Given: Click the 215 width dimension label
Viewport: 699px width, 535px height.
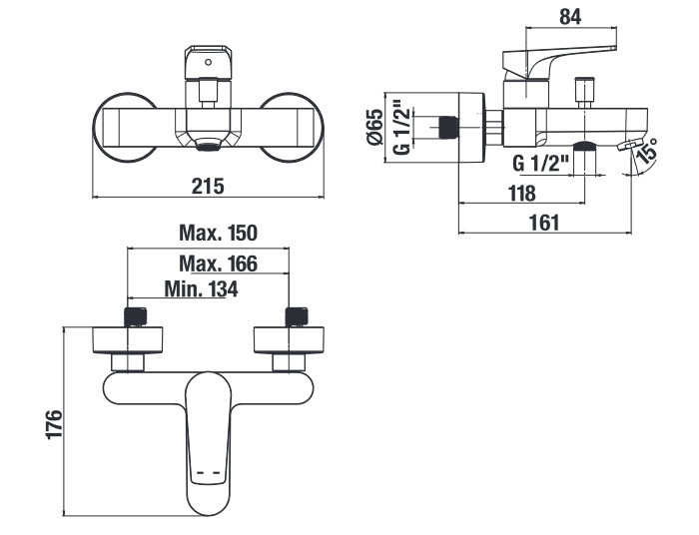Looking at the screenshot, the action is (208, 186).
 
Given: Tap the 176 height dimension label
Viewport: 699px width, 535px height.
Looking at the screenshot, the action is (54, 424).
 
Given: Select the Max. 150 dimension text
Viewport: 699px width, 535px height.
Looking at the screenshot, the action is (218, 233).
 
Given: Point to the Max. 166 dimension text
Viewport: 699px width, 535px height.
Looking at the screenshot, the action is (218, 264).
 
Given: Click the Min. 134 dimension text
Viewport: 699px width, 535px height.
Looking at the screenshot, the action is (201, 288).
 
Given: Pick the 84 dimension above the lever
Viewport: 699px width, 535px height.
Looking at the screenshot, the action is (570, 17).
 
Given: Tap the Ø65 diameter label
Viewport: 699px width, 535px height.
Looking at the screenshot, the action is (374, 127).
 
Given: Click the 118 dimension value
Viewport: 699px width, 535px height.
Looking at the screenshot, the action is (522, 194).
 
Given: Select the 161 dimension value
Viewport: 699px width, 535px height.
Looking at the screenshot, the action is (544, 223).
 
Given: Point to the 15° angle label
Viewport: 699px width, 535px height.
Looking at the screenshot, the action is (648, 150).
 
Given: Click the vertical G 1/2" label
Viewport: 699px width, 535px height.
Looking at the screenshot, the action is (401, 130).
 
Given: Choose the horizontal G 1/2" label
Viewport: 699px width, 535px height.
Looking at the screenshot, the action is (541, 164).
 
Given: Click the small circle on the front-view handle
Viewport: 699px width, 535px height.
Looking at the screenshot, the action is (208, 62).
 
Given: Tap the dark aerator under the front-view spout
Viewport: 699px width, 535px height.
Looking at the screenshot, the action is (208, 145).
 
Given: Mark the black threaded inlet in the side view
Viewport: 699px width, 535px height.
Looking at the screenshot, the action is (448, 127).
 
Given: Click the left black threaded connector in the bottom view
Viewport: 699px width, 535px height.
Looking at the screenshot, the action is (135, 317).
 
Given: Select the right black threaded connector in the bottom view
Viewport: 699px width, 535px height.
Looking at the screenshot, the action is (297, 317).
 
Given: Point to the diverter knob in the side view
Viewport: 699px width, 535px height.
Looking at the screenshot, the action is (583, 93).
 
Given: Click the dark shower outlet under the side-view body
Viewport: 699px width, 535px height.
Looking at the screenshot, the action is (584, 146).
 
